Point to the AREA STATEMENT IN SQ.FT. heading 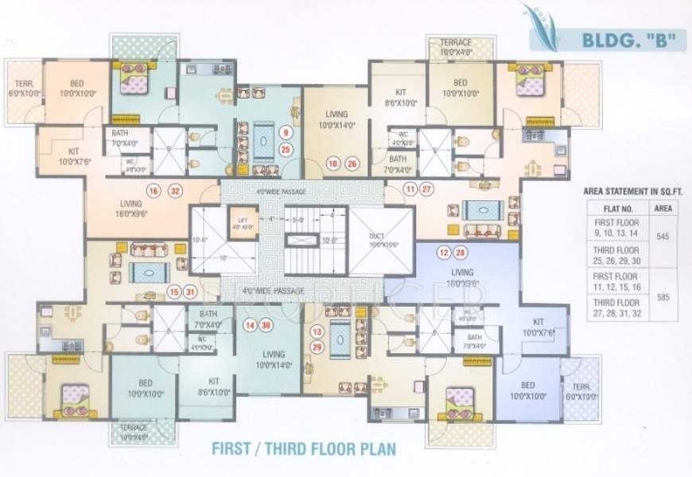coord(632,192)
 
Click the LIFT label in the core coord(239,220)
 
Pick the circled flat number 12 coord(444,253)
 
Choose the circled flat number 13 coord(317,332)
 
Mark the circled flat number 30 coord(266,324)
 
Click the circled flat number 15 coord(174,291)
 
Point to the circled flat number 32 coord(175,190)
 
